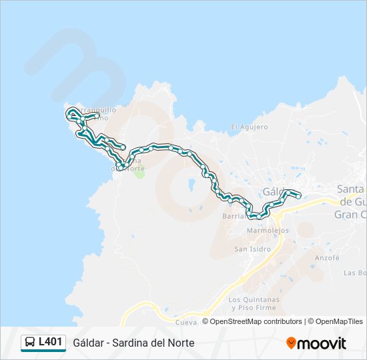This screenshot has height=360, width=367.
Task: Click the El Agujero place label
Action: (x=250, y=127)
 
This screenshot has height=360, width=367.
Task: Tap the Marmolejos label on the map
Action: (x=267, y=230)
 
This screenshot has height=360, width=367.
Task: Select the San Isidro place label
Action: (x=252, y=249)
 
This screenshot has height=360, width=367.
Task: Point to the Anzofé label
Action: (x=327, y=257)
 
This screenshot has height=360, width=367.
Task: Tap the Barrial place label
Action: (x=234, y=216)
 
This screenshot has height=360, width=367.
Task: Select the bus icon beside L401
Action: (x=30, y=343)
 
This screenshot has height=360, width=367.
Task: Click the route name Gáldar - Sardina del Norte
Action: (x=134, y=343)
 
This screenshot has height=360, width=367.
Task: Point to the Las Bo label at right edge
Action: (x=355, y=273)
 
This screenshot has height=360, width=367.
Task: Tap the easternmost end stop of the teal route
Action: (x=298, y=195)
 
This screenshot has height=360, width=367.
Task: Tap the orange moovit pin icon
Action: (x=291, y=343)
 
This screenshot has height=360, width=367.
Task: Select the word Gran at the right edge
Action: (x=346, y=214)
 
